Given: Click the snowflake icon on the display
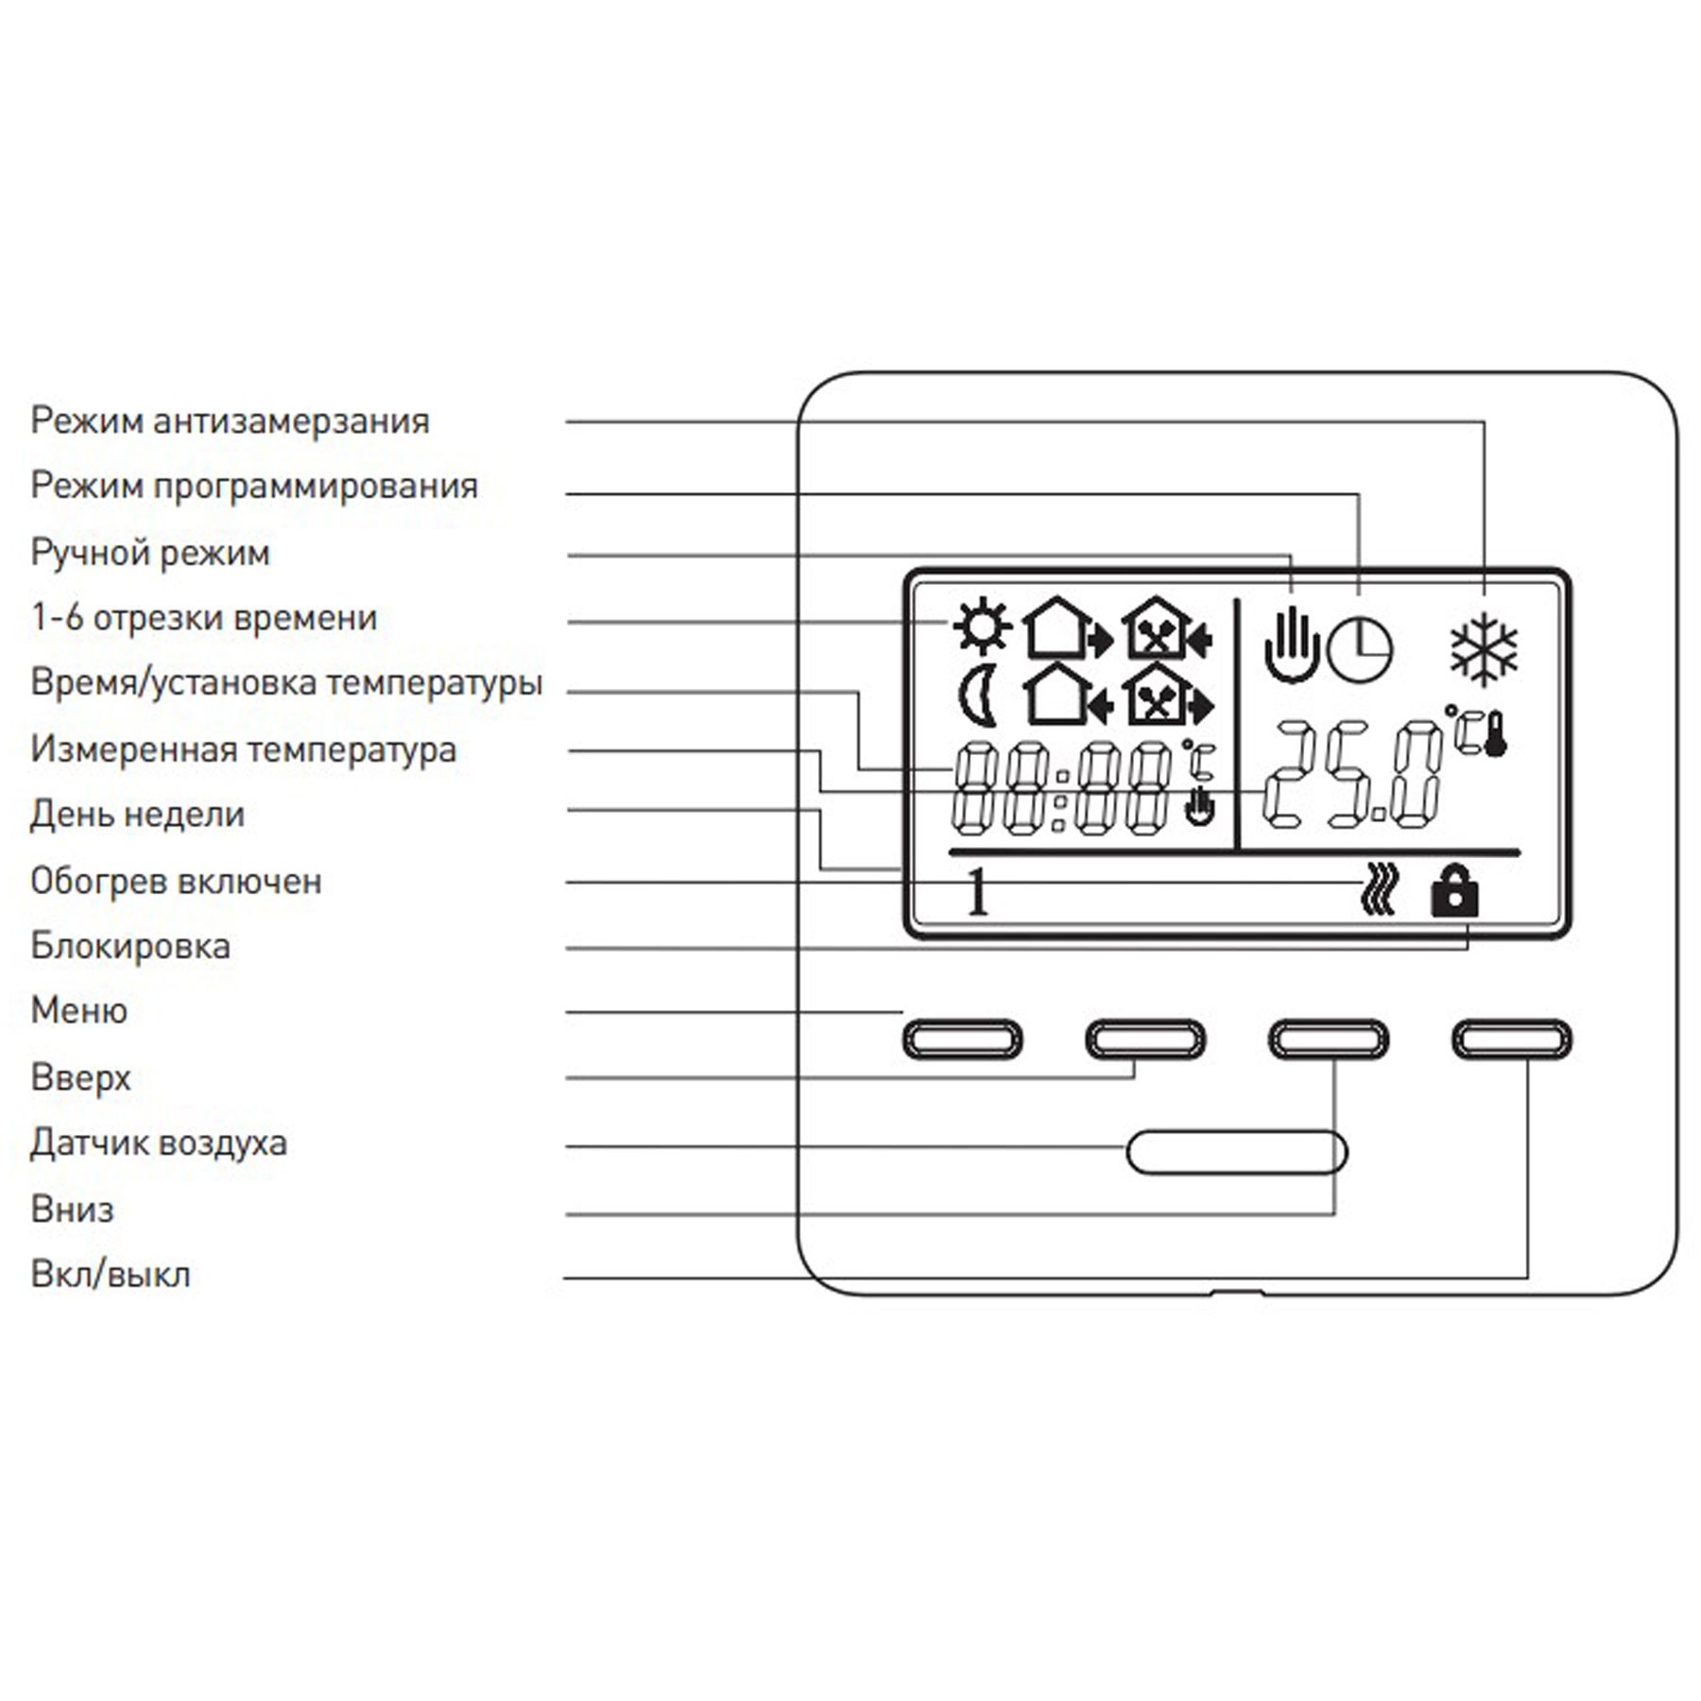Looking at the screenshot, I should point(1484,649).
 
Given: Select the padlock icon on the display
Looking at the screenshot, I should point(1454,890).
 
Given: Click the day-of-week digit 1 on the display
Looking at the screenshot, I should point(978,892).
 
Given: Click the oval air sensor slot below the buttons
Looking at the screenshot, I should point(1237,1152).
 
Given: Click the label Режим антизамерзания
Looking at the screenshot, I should point(230,421).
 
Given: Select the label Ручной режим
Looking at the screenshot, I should point(150,553).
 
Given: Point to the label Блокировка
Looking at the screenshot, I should point(130,946).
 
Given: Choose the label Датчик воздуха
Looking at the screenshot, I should point(159,1143).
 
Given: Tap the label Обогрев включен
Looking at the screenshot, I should point(176,881).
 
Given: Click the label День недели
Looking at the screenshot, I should point(138,815).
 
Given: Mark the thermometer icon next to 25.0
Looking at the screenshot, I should point(1494,734).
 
